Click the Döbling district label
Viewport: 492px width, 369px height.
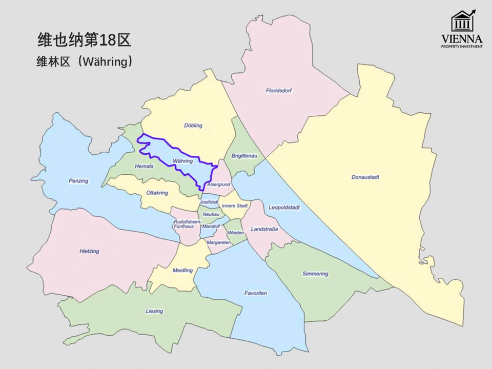[x=193, y=126]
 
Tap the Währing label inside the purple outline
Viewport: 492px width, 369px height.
[x=182, y=161]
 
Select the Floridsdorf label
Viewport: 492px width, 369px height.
[x=279, y=91]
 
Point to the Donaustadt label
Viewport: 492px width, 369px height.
[x=365, y=177]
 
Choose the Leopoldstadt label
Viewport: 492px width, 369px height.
[x=284, y=208]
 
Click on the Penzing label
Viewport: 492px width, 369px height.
[x=78, y=181]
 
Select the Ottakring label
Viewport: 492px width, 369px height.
[x=157, y=193]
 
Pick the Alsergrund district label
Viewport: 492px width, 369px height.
[x=218, y=184]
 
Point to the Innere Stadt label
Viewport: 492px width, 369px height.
[x=235, y=206]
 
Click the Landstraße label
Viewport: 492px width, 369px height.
[x=264, y=229]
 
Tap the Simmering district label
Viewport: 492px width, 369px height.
[x=315, y=274]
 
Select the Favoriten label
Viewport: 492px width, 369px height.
[x=256, y=293]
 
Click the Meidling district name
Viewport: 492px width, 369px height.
[x=182, y=270]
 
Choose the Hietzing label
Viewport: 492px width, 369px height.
[x=89, y=252]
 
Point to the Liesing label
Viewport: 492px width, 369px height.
[x=154, y=311]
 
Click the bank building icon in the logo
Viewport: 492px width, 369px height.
[x=462, y=22]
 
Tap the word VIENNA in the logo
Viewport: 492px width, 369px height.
[x=462, y=39]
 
